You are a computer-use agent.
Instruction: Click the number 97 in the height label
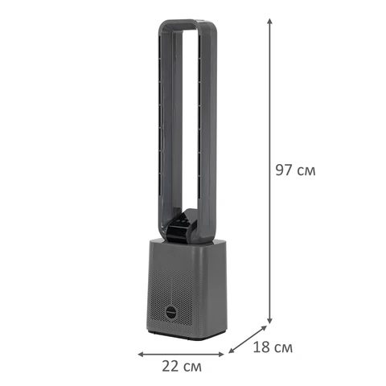[x=285, y=170]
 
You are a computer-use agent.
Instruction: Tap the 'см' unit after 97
[x=306, y=171]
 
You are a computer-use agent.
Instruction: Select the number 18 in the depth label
[x=261, y=347]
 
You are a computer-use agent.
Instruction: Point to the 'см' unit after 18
[x=283, y=349]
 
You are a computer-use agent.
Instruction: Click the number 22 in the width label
[x=170, y=366]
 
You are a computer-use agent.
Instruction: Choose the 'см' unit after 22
[x=192, y=368]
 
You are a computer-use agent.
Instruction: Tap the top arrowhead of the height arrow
[x=270, y=22]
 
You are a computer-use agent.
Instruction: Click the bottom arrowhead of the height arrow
[x=270, y=321]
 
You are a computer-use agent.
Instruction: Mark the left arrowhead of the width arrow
[x=141, y=355]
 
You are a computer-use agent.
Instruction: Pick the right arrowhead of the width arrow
[x=221, y=355]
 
